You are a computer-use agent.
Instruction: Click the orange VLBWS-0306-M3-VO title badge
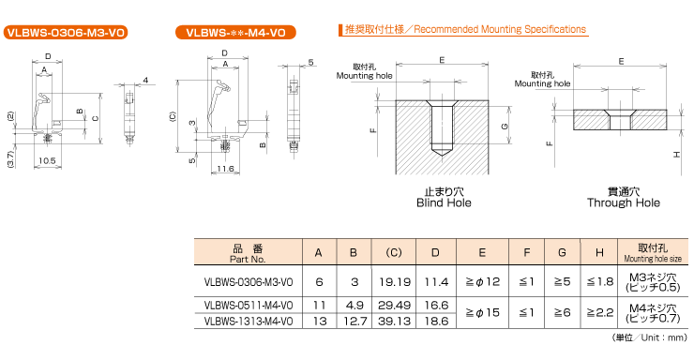pyautogui.click(x=65, y=33)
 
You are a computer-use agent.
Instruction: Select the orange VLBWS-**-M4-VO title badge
pyautogui.click(x=235, y=33)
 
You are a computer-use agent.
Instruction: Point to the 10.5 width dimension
pyautogui.click(x=46, y=160)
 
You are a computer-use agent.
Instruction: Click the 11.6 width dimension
pyautogui.click(x=224, y=169)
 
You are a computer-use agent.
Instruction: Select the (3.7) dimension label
pyautogui.click(x=8, y=158)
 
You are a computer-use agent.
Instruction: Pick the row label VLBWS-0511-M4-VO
pyautogui.click(x=249, y=305)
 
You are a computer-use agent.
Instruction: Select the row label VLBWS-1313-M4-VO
pyautogui.click(x=249, y=321)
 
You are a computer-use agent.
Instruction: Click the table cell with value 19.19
pyautogui.click(x=393, y=281)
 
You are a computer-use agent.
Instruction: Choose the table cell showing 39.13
pyautogui.click(x=393, y=321)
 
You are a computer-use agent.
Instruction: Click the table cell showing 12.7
pyautogui.click(x=354, y=321)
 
